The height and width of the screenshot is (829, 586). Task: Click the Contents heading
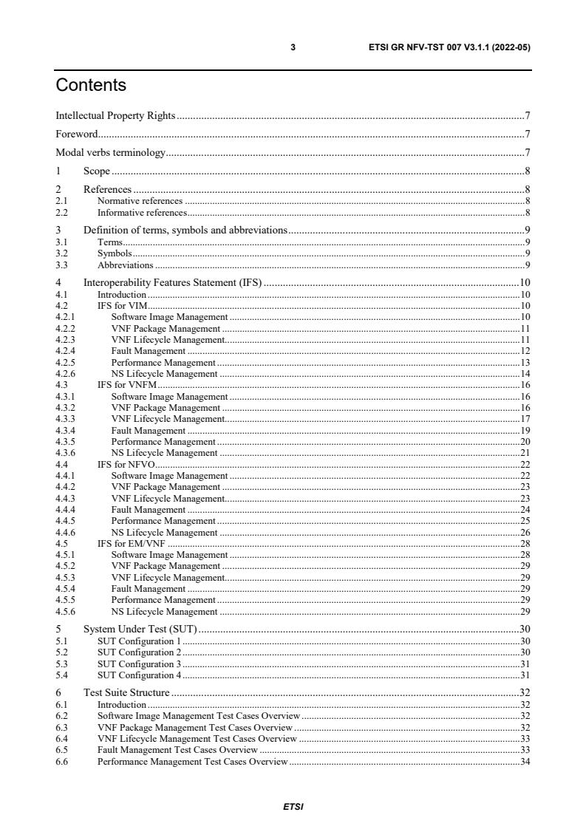91,86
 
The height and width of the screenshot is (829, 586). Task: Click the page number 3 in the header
293,47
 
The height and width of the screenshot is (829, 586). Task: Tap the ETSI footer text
293,806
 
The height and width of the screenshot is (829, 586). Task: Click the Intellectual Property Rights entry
115,115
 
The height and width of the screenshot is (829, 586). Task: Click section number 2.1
62,201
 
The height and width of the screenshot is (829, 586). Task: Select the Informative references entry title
142,213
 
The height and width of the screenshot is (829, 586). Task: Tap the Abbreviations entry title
126,265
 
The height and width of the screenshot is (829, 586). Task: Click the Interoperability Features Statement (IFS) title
173,282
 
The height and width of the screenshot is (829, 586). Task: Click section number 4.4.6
65,532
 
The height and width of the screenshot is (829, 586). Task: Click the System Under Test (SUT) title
140,630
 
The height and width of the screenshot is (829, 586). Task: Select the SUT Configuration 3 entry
140,663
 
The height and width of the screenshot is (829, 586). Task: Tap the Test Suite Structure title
126,693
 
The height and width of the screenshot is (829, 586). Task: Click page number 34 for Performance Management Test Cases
525,761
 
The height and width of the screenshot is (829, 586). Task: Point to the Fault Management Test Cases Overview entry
177,750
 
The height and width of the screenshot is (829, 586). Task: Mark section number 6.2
62,716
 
